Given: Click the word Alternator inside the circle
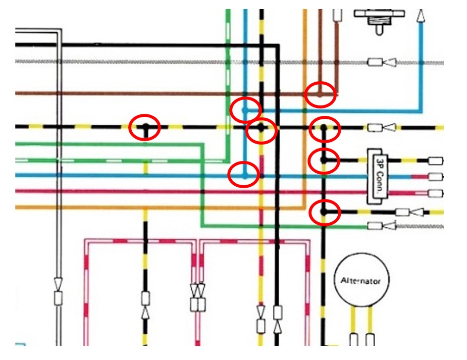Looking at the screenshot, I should point(361,281).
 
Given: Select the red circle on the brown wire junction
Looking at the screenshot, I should point(320,94).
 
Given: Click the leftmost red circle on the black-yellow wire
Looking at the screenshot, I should point(145,127).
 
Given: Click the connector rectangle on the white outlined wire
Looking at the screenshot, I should point(58,298).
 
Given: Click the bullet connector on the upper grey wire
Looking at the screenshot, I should point(374,62).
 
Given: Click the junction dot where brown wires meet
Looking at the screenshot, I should point(320,93).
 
